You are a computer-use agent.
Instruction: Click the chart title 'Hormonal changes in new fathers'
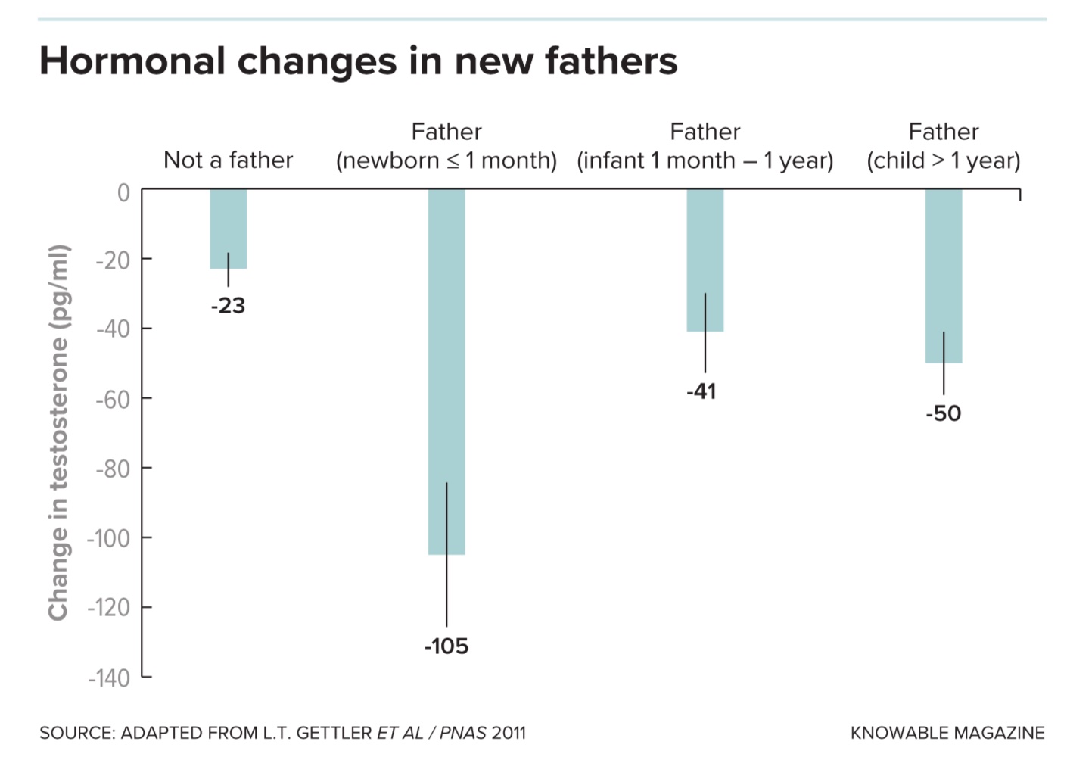tap(358, 61)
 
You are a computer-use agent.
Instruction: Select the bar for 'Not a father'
tap(228, 227)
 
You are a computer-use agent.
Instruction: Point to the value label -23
tap(228, 306)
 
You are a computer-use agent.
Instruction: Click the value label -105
tap(446, 646)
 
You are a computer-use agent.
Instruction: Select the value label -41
tap(701, 391)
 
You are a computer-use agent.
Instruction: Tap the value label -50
tap(943, 413)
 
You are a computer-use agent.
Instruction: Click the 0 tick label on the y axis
tap(123, 193)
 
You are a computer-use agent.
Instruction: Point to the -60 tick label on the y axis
tap(113, 400)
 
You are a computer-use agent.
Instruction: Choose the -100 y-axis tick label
tap(109, 539)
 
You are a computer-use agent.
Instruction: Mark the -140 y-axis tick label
tap(109, 678)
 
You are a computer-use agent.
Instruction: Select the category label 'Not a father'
tap(228, 160)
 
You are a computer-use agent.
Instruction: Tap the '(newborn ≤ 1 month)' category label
tap(446, 160)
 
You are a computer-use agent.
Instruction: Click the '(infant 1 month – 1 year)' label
tap(705, 160)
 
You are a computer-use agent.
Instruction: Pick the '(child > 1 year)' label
tap(943, 160)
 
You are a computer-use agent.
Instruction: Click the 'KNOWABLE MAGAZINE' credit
tap(947, 733)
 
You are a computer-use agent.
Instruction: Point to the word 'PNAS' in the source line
tap(463, 733)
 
